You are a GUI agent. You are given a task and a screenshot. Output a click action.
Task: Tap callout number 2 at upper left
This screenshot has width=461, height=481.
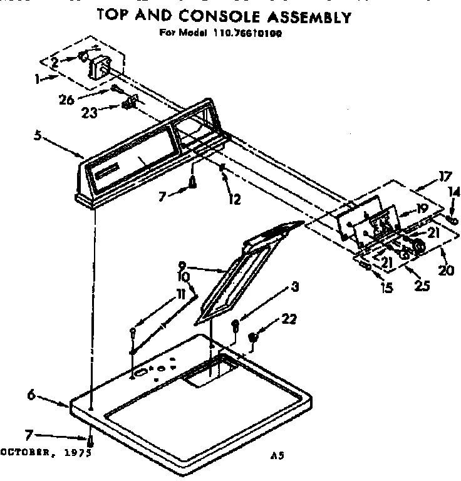click(55, 62)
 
